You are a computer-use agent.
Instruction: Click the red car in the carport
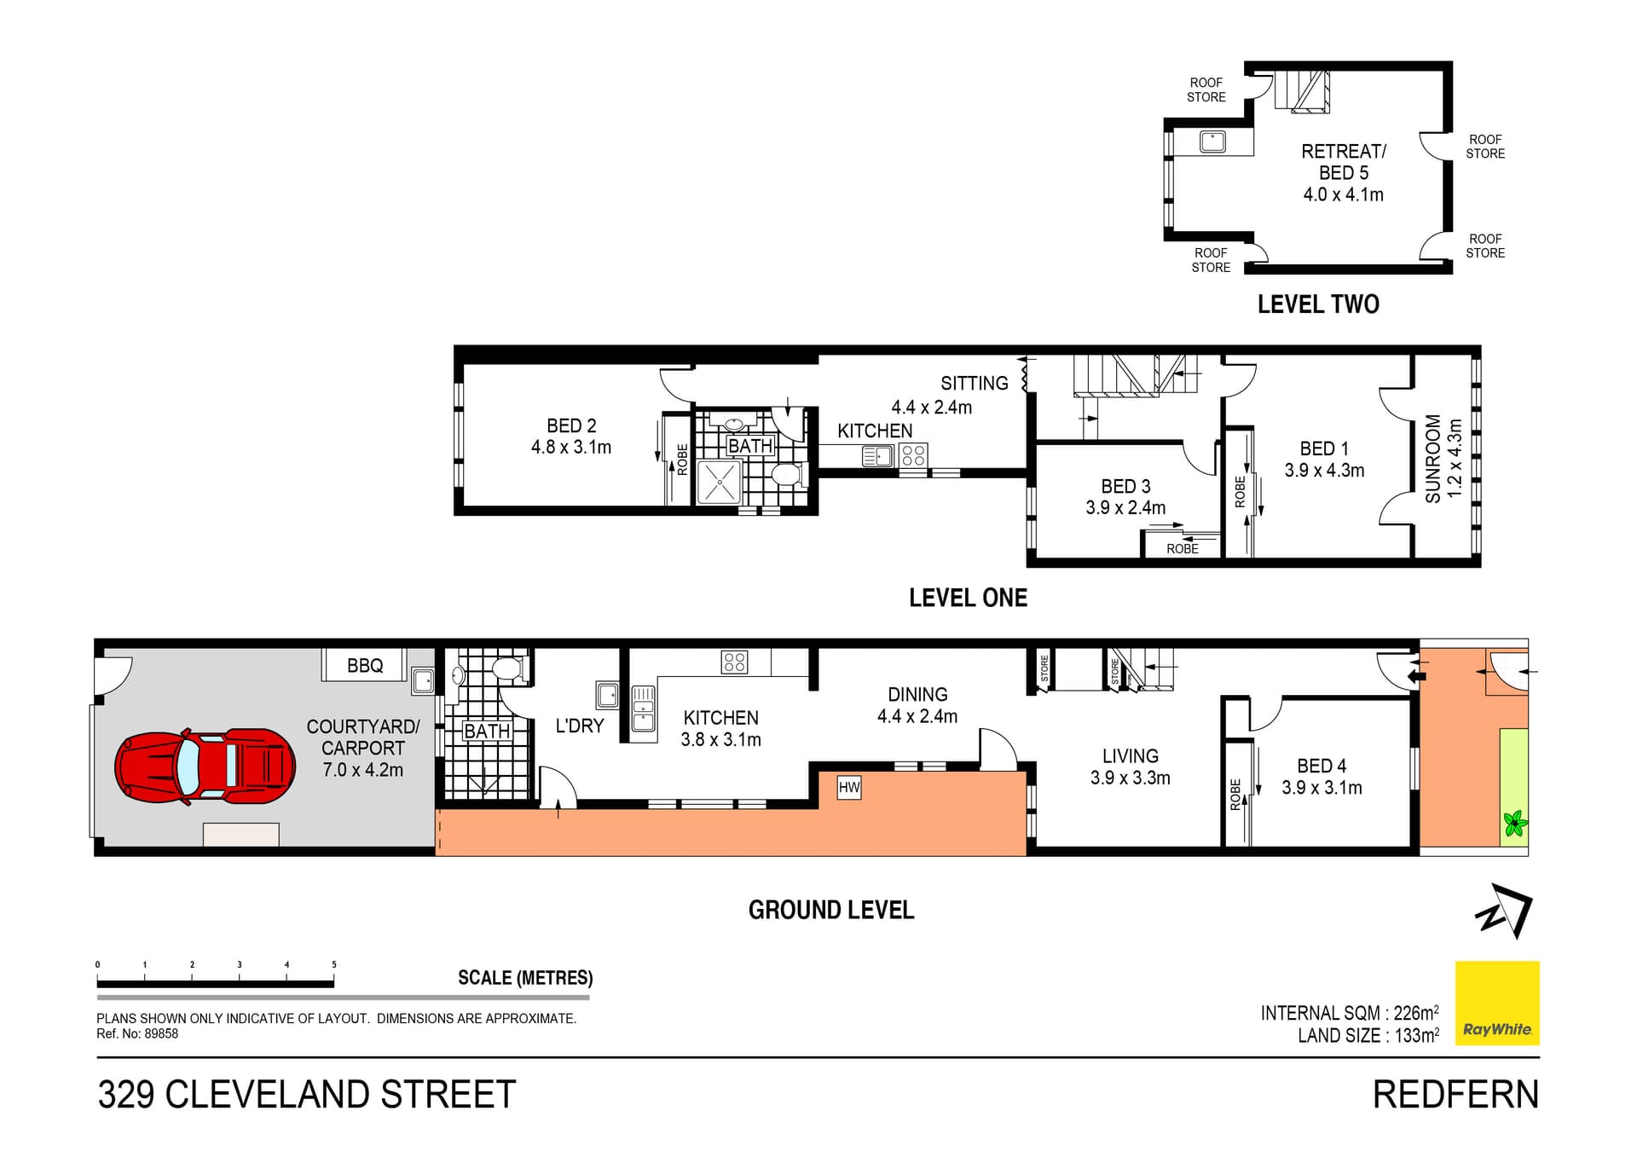point(205,766)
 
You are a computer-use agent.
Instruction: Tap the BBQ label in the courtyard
point(364,665)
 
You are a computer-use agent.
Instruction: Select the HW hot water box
point(848,787)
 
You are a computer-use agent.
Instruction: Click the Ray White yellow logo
point(1496,1003)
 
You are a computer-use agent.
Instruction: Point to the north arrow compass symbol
point(1505,911)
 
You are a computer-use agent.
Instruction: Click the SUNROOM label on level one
point(1433,458)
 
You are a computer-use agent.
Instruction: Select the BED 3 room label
point(1125,486)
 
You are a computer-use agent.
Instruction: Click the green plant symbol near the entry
point(1514,824)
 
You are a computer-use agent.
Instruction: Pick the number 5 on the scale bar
point(334,964)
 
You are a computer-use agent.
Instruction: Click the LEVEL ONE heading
point(968,598)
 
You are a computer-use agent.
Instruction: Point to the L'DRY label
point(579,726)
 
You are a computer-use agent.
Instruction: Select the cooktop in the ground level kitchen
point(734,662)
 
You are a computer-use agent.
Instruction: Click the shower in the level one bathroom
point(719,482)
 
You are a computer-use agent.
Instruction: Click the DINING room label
point(917,694)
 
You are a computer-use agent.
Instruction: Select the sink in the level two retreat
point(1212,142)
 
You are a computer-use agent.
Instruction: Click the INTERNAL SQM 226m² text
point(1349,1013)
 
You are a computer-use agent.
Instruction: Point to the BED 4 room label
point(1321,766)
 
